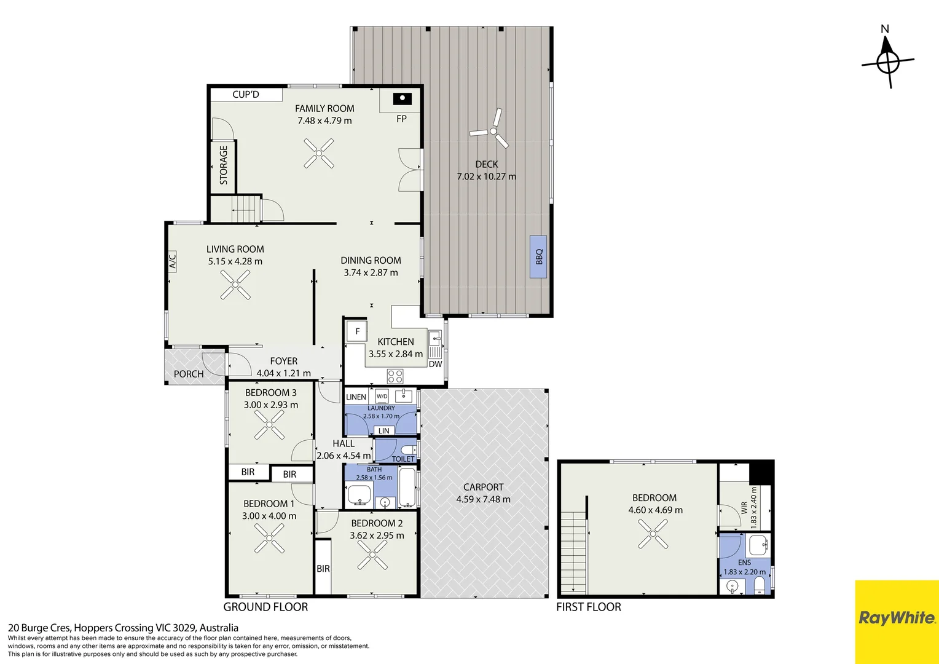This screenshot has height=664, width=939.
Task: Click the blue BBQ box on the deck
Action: click(538, 257)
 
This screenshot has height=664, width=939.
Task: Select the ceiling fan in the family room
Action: click(318, 154)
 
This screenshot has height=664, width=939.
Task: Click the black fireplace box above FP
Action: click(402, 99)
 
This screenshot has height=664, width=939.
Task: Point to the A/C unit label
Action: click(172, 261)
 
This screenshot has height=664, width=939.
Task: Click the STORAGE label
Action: click(224, 165)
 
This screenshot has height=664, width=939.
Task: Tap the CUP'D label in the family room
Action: click(246, 95)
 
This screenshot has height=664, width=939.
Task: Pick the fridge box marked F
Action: click(357, 331)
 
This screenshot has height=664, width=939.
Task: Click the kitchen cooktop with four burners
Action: click(395, 376)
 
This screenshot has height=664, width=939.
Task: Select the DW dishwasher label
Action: click(435, 364)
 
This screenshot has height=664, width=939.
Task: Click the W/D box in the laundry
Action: click(382, 396)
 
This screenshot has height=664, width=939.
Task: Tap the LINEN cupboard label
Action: click(356, 397)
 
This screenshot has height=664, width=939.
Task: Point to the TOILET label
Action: click(403, 459)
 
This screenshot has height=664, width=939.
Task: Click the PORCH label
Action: click(189, 374)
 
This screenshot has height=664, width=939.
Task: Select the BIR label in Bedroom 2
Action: click(323, 569)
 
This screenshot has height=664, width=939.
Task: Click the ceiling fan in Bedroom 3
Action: click(269, 424)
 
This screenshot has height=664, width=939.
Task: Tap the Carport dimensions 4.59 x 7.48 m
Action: click(484, 499)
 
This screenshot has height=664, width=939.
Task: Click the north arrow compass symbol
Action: click(887, 62)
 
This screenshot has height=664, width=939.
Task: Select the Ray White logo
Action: click(897, 618)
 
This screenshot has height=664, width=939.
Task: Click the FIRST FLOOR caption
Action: click(589, 607)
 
